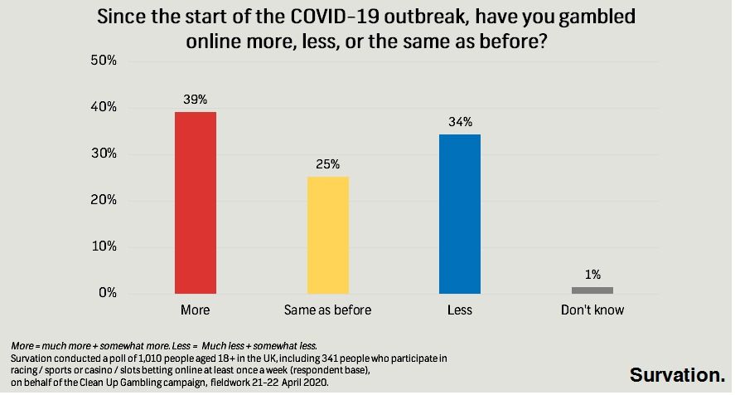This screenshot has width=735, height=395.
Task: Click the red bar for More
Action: click(195, 202)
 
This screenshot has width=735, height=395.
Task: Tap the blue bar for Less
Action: click(460, 214)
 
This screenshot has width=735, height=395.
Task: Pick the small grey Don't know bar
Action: click(592, 290)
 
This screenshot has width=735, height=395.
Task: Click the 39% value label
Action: click(196, 100)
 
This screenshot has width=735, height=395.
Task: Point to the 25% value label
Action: click(328, 164)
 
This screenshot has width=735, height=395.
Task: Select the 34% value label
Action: click(461, 122)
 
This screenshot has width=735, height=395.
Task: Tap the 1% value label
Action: click(592, 275)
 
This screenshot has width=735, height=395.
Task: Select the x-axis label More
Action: click(196, 310)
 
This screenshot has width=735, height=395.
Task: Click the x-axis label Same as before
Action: click(327, 310)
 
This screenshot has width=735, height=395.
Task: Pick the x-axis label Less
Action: click(459, 310)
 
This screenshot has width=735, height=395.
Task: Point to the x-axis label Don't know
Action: click(592, 310)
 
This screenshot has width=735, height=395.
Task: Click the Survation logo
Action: click(677, 374)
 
